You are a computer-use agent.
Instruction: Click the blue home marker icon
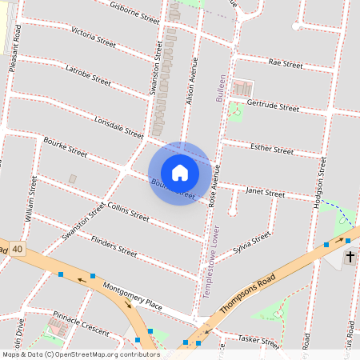click(x=180, y=173)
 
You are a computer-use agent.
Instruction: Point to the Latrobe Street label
click(x=88, y=75)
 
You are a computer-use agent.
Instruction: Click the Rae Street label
click(x=286, y=62)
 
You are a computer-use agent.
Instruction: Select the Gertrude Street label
click(x=273, y=106)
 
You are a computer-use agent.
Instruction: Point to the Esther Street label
click(x=272, y=150)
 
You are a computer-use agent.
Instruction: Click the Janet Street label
click(x=265, y=194)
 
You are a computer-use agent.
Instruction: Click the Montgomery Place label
click(x=133, y=297)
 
